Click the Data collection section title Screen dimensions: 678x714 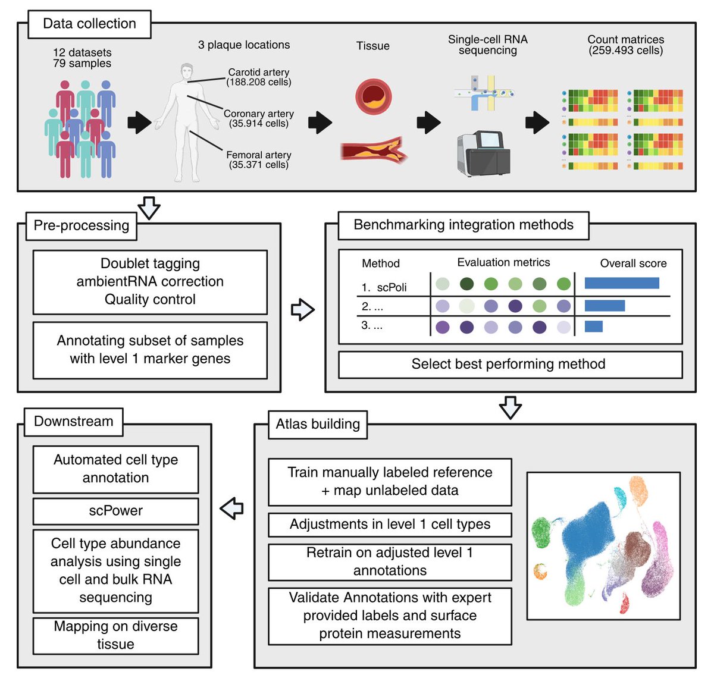pos(89,24)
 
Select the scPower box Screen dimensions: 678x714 pos(115,511)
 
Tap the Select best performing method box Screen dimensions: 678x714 pos(509,365)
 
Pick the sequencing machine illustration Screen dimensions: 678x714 pos(483,153)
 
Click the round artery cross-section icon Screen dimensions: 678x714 pos(374,96)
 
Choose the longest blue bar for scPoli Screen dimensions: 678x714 pos(622,283)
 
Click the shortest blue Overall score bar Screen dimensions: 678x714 pos(593,326)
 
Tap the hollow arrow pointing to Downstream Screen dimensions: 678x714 pos(232,508)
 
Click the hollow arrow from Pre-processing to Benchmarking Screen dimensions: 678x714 pos(302,309)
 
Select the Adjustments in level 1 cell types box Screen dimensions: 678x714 pos(390,525)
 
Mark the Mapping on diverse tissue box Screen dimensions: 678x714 pos(115,635)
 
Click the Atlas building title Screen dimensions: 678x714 pos(318,424)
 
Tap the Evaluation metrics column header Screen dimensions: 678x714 pos(503,262)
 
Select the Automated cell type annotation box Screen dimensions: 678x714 pos(115,469)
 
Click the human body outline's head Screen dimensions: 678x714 pos(187,71)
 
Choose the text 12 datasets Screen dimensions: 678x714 pos(82,52)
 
